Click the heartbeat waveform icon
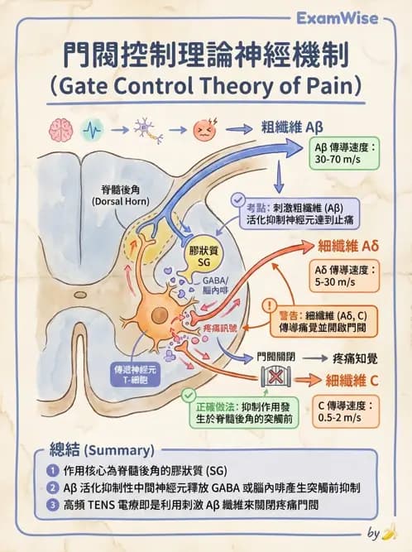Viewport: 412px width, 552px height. (92, 130)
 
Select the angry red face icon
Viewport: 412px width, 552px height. (202, 130)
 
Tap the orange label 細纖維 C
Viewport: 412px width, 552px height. (353, 381)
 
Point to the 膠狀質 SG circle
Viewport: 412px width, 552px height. (201, 255)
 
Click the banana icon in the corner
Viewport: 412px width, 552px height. (397, 531)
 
